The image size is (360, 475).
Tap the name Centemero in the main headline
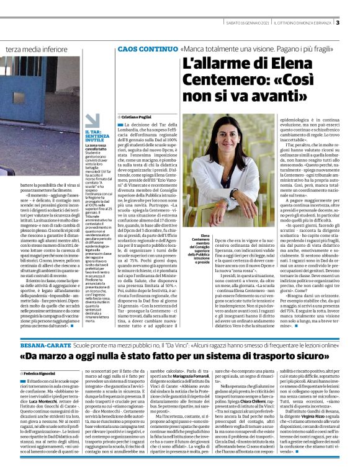pos(220,81)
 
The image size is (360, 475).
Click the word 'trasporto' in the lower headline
pos(253,357)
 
